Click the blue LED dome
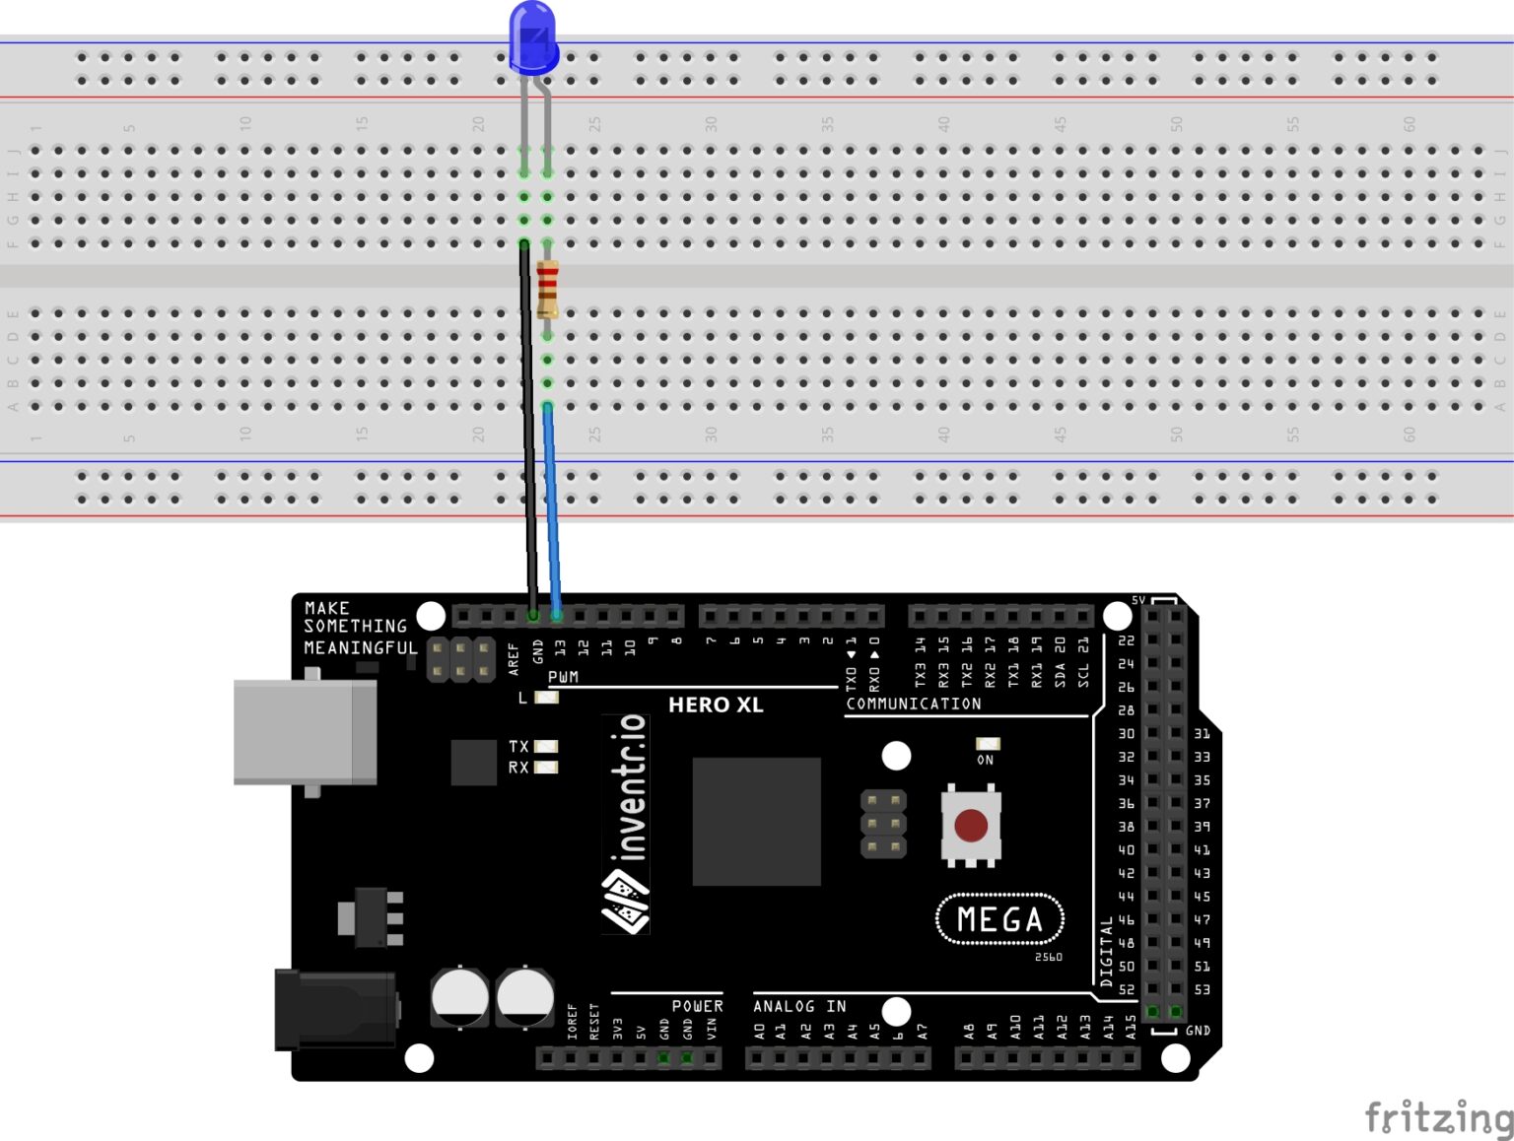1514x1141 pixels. [x=532, y=37]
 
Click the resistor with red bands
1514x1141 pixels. [x=548, y=289]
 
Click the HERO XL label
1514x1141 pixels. [x=716, y=705]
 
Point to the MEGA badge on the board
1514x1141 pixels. [x=999, y=919]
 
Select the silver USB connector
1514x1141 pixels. [x=305, y=731]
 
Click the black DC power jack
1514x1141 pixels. [x=335, y=1009]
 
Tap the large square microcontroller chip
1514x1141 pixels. [x=756, y=821]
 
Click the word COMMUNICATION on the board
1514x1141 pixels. [x=913, y=704]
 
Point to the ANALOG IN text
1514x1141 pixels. [x=799, y=1006]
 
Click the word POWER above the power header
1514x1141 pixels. [x=697, y=1006]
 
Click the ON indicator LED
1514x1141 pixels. [x=987, y=744]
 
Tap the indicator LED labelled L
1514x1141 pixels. [x=546, y=698]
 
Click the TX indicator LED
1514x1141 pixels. [x=546, y=746]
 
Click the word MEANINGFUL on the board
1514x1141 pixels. [x=360, y=647]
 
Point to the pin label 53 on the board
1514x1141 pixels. [x=1202, y=989]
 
